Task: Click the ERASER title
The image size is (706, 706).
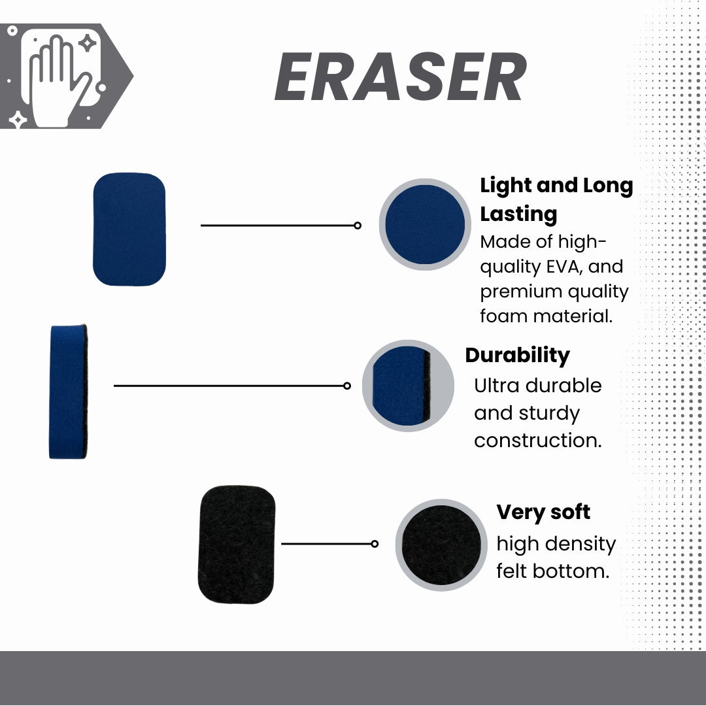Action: tap(401, 76)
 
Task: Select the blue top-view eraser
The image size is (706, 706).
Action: tap(129, 229)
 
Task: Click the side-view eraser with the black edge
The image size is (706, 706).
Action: tap(68, 392)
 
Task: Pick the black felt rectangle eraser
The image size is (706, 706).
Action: tap(237, 545)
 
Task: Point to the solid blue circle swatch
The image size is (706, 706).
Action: tap(425, 224)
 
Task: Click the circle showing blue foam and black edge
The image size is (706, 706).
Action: tap(408, 386)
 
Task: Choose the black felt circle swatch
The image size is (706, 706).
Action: tap(441, 545)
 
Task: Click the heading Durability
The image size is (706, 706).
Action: tap(517, 356)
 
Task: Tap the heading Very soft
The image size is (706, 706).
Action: tap(543, 513)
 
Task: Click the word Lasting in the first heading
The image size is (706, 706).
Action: tap(518, 214)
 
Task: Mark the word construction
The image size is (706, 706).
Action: tap(537, 441)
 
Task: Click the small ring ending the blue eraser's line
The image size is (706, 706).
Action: tap(358, 225)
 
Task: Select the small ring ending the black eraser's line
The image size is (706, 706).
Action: tap(375, 544)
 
